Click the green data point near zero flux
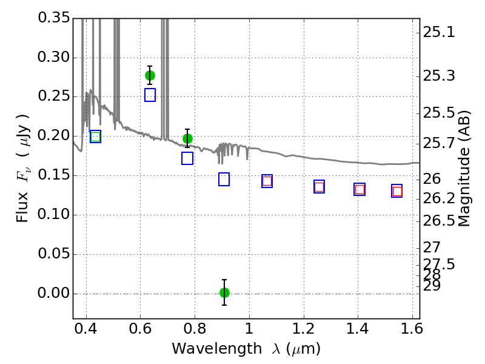pos(224,292)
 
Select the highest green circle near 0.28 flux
pos(150,75)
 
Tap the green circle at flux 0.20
pos(187,139)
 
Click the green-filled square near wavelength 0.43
pos(96,136)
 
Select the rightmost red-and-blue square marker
pos(397,191)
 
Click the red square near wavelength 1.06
pos(267,181)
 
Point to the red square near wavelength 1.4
pos(360,189)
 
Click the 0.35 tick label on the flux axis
pos(54,18)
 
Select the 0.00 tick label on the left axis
pos(54,293)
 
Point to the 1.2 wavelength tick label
pos(304,329)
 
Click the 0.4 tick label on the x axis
pos(86,329)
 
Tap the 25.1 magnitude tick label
pos(439,32)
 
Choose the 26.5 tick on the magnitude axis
pos(439,221)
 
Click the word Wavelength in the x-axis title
pos(217,349)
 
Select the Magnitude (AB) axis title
pos(463,169)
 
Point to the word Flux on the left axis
pos(22,207)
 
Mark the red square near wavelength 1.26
pos(319,187)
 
